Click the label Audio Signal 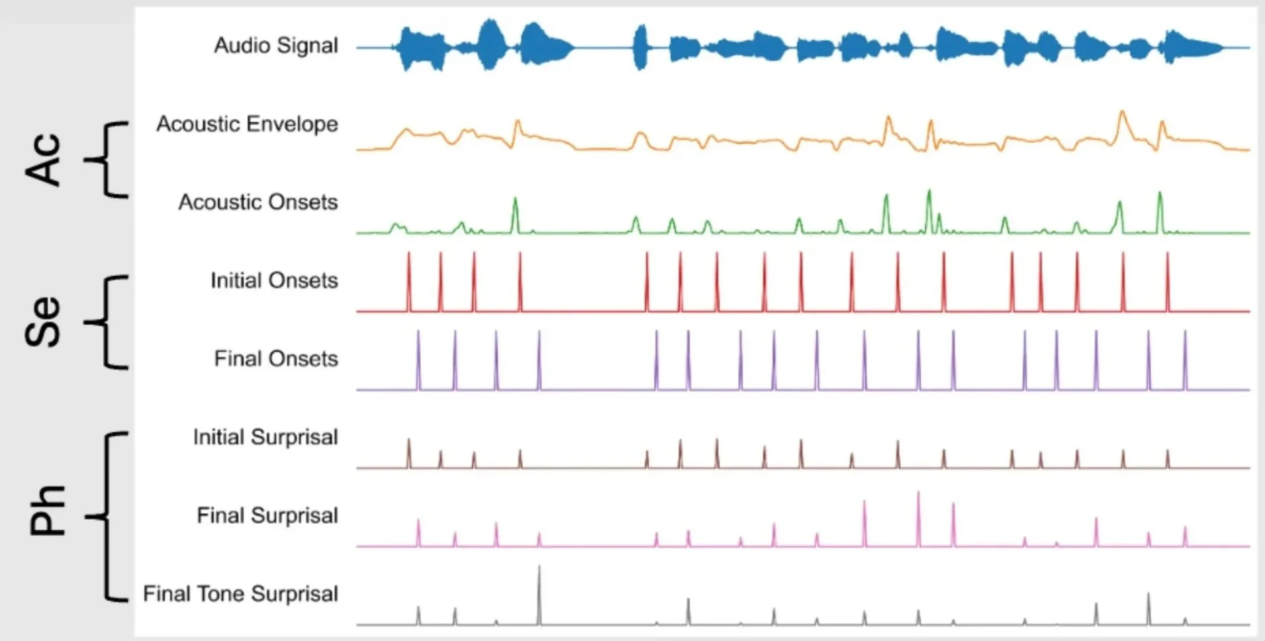pyautogui.click(x=275, y=46)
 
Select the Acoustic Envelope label pyautogui.click(x=247, y=124)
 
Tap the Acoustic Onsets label pyautogui.click(x=258, y=202)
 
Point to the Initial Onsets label pyautogui.click(x=274, y=280)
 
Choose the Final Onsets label pyautogui.click(x=275, y=359)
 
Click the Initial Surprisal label pyautogui.click(x=265, y=437)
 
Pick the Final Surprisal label pyautogui.click(x=267, y=515)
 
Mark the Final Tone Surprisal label pyautogui.click(x=240, y=594)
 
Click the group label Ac pyautogui.click(x=44, y=159)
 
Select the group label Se pyautogui.click(x=44, y=322)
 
